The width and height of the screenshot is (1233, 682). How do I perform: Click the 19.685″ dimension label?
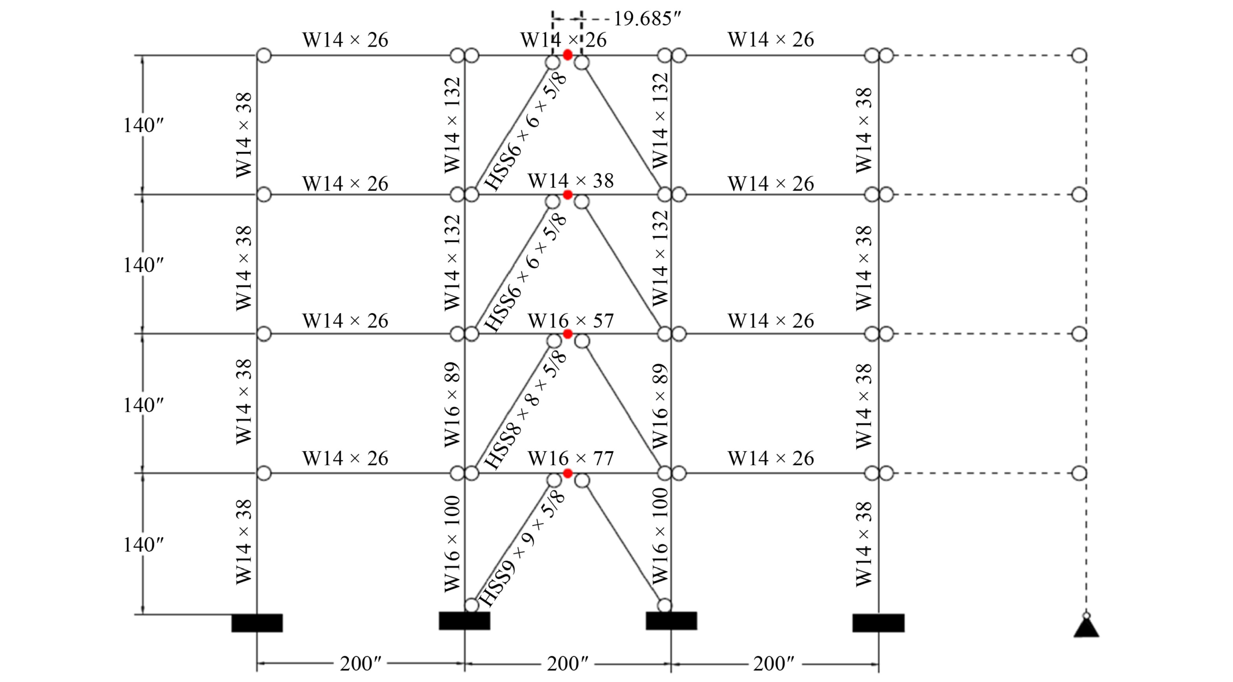[x=647, y=19]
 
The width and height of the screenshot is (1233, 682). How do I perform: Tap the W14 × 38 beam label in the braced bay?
[x=571, y=181]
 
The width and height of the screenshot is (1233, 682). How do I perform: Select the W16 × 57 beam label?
[x=571, y=320]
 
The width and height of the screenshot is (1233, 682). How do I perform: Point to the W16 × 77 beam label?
[x=571, y=458]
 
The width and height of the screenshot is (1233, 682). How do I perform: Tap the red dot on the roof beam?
[x=568, y=55]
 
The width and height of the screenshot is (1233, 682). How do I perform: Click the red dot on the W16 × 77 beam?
[x=568, y=474]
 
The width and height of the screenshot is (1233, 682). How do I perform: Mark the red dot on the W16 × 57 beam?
[x=568, y=334]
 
